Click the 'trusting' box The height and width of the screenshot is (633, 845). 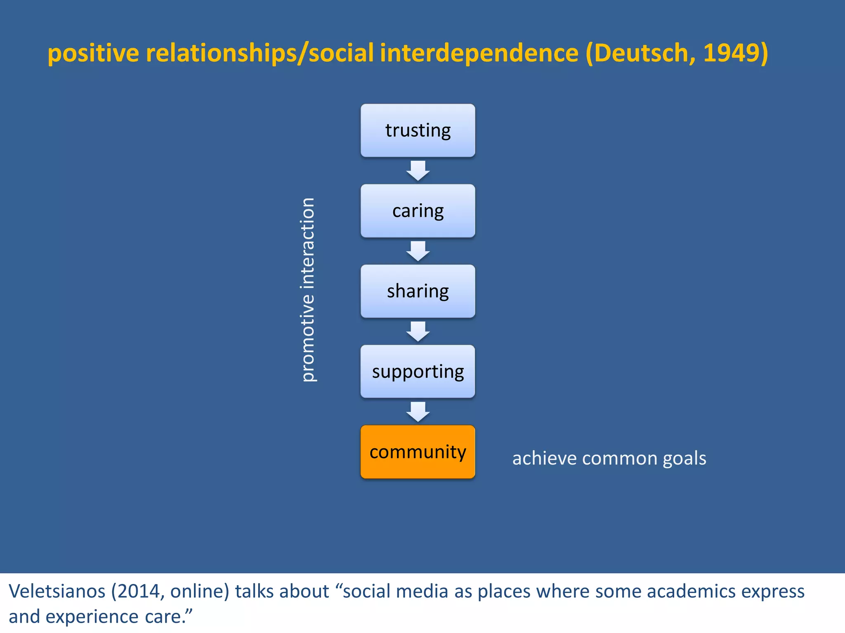coord(418,130)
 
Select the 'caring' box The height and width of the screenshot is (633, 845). coord(418,211)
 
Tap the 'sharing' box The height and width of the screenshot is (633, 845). coord(418,291)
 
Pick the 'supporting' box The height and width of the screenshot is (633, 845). coord(418,371)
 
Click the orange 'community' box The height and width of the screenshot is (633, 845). coord(418,452)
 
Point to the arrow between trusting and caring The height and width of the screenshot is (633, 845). coord(418,171)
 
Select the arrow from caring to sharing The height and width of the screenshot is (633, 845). coord(418,251)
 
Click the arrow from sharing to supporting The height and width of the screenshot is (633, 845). coord(418,331)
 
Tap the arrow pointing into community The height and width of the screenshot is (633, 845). coord(418,412)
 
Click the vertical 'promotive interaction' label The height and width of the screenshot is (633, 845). coord(308,290)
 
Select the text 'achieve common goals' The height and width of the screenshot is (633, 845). coord(609,458)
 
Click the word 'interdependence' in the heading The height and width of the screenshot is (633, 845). coord(479,53)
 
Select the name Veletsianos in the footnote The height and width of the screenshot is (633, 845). coord(57,591)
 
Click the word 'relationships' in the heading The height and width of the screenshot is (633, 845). coord(221,54)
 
